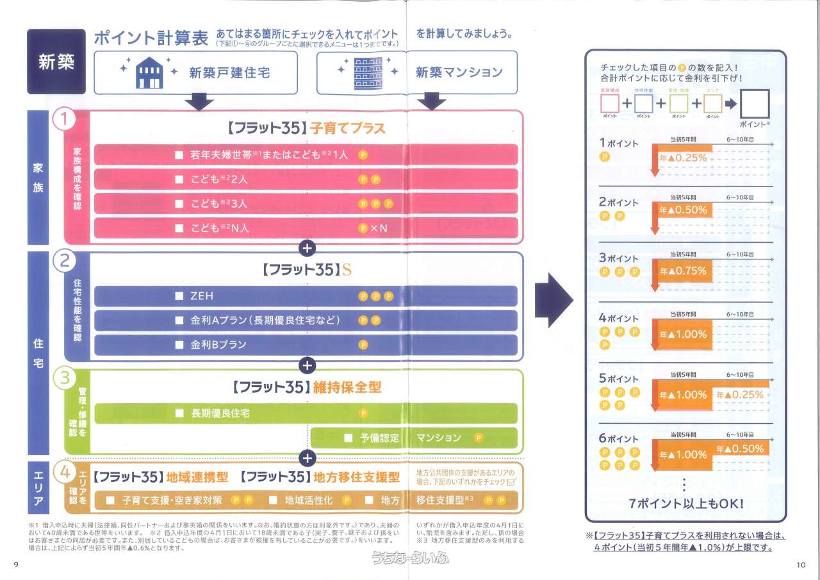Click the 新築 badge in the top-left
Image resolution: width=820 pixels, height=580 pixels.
(56, 62)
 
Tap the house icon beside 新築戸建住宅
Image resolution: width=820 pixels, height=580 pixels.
(149, 72)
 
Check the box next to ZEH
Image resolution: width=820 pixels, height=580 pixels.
(179, 296)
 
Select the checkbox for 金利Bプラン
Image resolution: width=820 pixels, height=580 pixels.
(179, 345)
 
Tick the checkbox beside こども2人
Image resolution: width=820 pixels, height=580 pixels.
(179, 179)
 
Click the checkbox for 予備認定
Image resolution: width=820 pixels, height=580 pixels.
(348, 438)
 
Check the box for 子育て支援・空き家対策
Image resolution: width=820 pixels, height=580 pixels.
(110, 500)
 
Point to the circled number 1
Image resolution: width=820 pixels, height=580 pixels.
(65, 120)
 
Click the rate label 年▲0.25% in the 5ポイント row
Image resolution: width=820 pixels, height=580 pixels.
(740, 395)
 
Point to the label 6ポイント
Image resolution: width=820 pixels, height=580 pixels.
(618, 439)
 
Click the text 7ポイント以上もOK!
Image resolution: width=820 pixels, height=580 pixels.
(686, 503)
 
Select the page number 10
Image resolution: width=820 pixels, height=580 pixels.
(800, 565)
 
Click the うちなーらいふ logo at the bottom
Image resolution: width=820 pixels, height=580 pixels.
(410, 559)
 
